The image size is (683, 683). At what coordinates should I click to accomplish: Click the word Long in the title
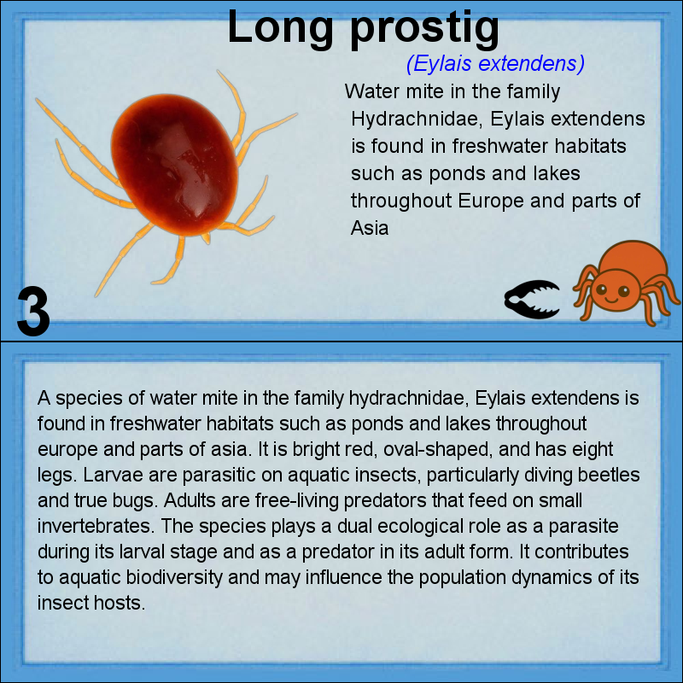tap(280, 27)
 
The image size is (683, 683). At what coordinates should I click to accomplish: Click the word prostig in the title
tap(424, 30)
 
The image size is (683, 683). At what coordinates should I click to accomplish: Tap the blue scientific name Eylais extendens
tap(495, 63)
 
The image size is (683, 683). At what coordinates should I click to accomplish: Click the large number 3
tap(33, 311)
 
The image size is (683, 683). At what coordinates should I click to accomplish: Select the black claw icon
tap(532, 300)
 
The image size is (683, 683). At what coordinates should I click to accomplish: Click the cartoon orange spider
tap(626, 283)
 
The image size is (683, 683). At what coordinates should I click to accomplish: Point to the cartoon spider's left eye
tap(601, 289)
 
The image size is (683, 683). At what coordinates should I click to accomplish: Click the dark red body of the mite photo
tap(175, 165)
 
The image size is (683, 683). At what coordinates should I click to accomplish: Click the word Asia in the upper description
tap(370, 228)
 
